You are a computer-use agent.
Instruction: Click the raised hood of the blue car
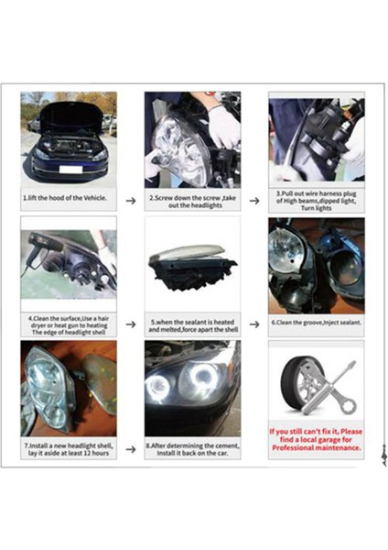70,115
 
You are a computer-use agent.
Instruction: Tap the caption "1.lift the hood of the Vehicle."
69,198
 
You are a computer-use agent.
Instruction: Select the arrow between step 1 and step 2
131,199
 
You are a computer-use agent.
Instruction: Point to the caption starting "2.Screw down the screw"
192,202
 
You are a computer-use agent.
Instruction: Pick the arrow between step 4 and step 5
131,324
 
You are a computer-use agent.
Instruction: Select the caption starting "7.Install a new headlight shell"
69,450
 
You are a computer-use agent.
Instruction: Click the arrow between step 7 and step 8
131,449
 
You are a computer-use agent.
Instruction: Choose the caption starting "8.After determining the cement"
192,450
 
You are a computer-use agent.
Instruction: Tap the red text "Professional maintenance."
317,448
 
